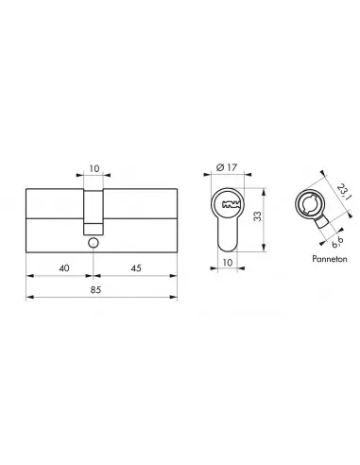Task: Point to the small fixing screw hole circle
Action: click(x=94, y=244)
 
